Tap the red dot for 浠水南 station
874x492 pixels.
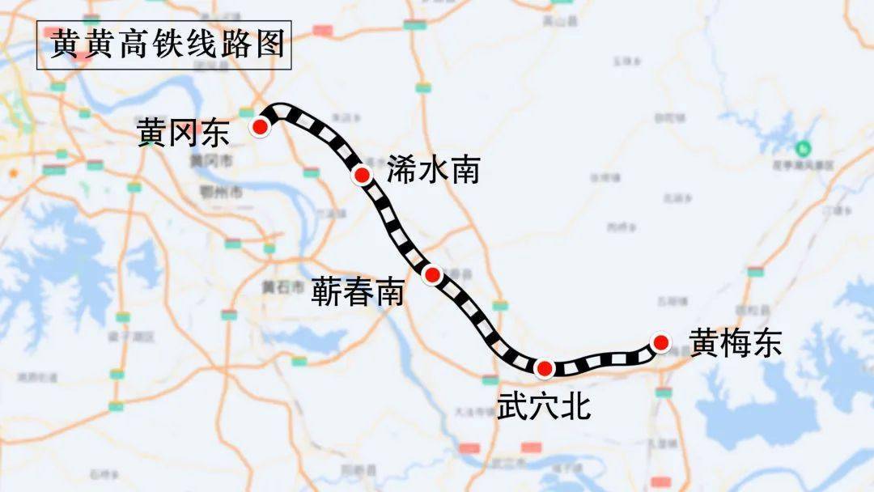[362, 175]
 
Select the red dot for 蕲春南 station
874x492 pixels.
[433, 275]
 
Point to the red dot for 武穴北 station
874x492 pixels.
[545, 369]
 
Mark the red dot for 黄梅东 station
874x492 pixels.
[661, 342]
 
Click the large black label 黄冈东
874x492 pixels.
[184, 132]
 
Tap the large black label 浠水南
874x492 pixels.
[433, 171]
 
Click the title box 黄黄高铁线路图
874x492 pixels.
[164, 45]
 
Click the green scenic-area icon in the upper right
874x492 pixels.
[802, 148]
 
